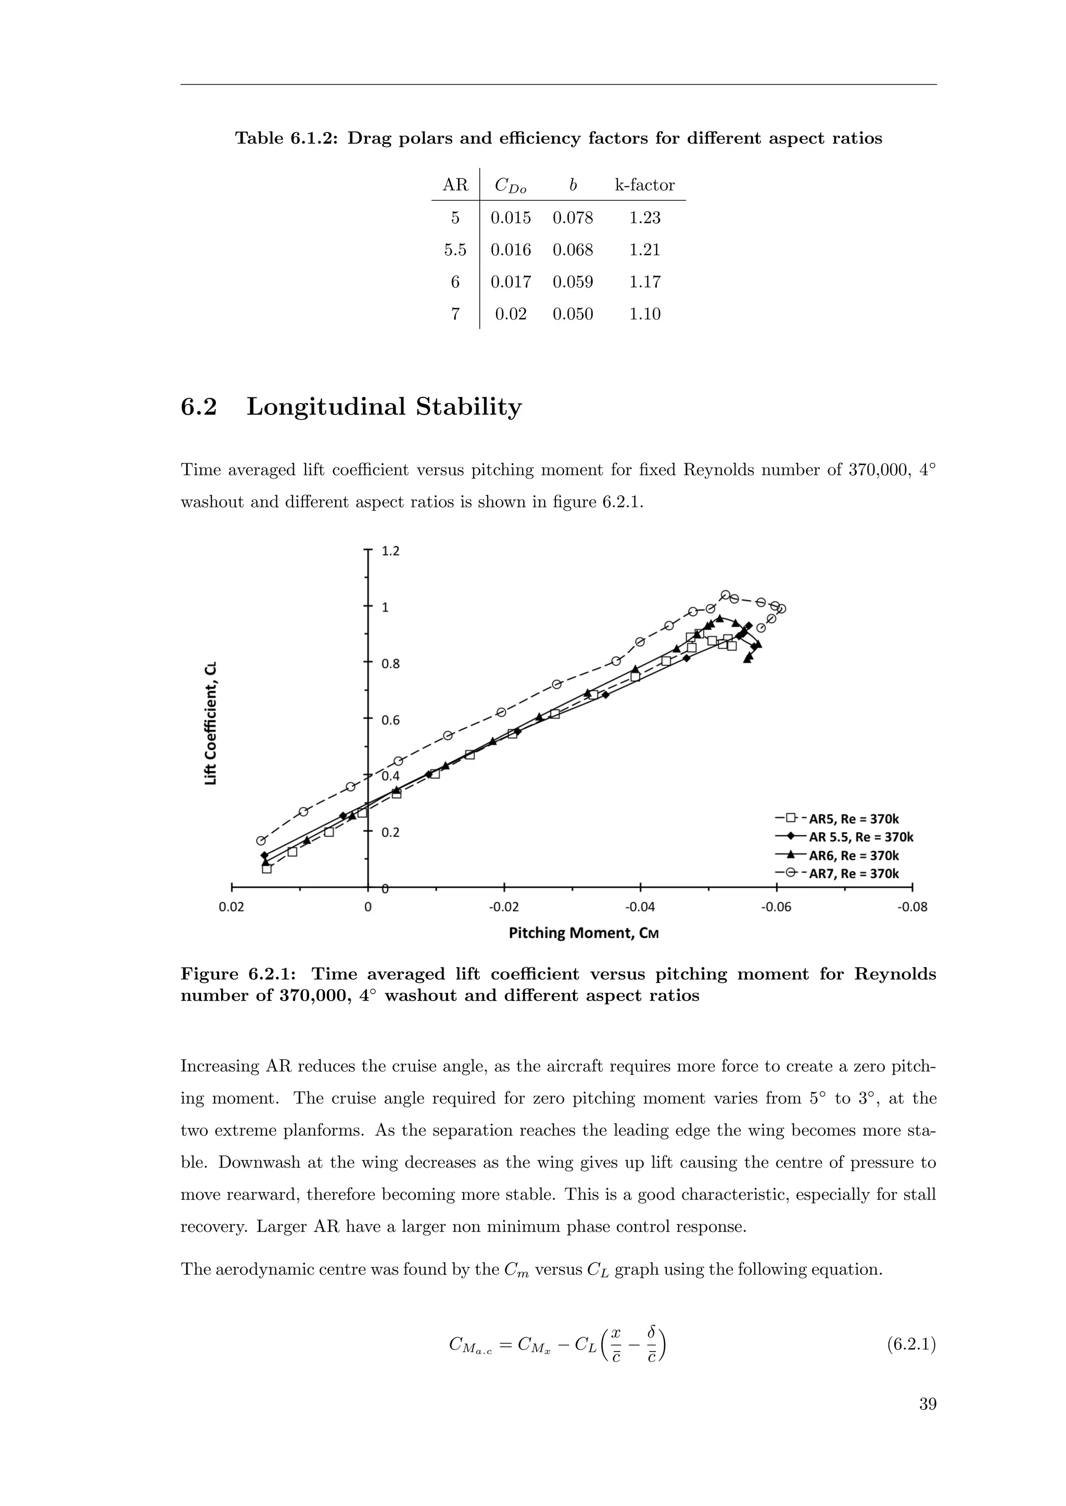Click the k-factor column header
[x=644, y=185]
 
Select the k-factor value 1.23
[x=644, y=218]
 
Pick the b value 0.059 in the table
[x=573, y=282]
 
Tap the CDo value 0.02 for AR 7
[x=511, y=314]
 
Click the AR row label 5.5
[x=455, y=250]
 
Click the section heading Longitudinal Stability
[x=384, y=407]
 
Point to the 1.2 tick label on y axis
[x=390, y=551]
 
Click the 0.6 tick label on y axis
[x=390, y=720]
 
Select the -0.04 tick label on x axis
[x=640, y=908]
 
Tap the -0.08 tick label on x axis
[x=912, y=908]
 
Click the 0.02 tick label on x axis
[x=232, y=908]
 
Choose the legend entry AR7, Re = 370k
[x=853, y=874]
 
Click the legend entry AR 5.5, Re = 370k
[x=860, y=837]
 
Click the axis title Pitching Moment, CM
[x=583, y=933]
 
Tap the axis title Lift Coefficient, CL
[x=210, y=723]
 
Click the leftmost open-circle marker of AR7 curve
[x=261, y=841]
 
